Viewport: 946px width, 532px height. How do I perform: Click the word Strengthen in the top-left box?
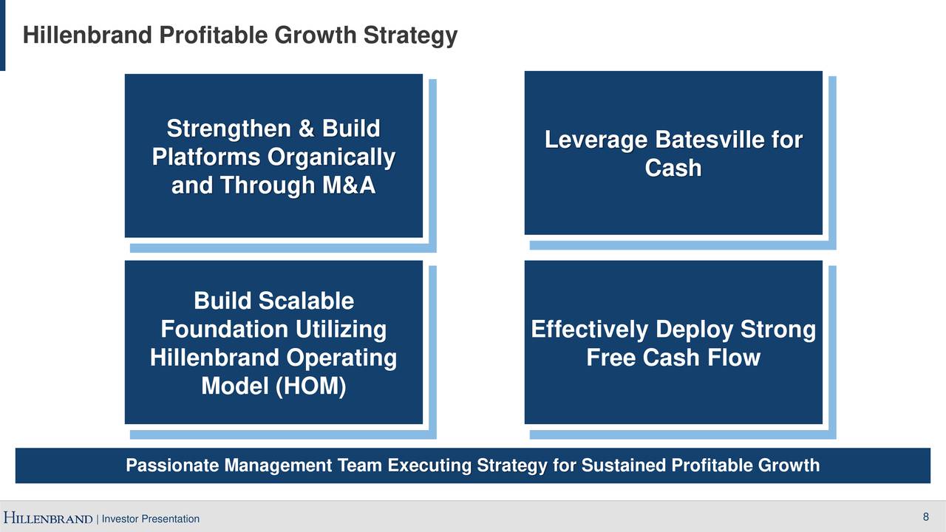[x=229, y=129]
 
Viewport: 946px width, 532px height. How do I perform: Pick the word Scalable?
[x=304, y=301]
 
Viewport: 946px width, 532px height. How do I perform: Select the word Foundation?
[x=224, y=329]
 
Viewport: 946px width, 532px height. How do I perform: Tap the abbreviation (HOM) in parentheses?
[x=310, y=386]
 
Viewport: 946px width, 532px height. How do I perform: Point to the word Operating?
[x=341, y=358]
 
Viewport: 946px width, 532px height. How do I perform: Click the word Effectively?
[x=589, y=330]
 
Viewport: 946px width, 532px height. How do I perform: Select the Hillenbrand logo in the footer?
[x=48, y=518]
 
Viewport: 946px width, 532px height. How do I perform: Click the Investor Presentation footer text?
[x=150, y=519]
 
